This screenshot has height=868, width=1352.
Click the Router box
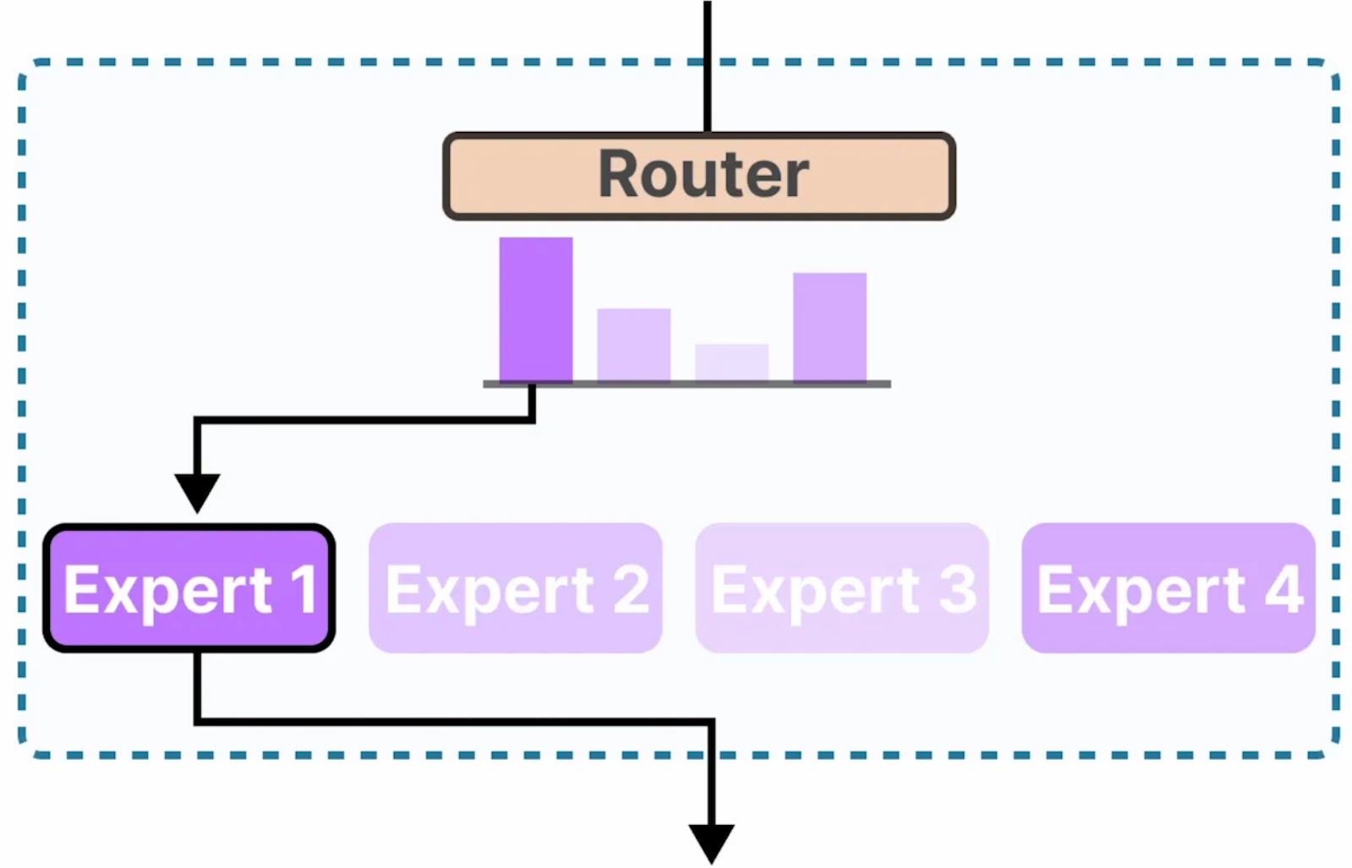(507, 176)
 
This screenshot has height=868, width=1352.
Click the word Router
(703, 175)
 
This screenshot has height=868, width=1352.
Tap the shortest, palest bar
(731, 363)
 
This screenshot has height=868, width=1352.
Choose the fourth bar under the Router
(829, 327)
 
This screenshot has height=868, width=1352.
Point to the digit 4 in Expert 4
(1283, 589)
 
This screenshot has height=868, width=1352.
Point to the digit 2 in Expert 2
(630, 589)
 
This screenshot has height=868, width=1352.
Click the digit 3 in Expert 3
(956, 589)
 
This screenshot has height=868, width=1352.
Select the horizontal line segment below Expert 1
(457, 722)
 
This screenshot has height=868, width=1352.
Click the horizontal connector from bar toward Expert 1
(364, 419)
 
